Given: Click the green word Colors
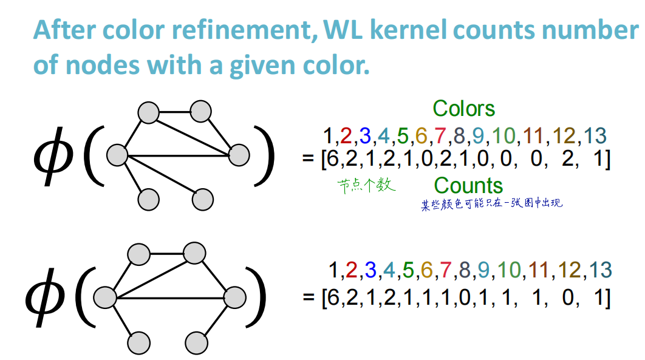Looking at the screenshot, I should tap(464, 109).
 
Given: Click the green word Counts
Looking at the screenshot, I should tap(469, 186).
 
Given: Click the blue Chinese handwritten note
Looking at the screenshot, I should tap(492, 203).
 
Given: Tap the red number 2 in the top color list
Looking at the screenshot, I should tap(346, 135).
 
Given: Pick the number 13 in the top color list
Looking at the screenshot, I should tap(595, 135).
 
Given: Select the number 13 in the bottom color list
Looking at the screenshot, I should tap(600, 270).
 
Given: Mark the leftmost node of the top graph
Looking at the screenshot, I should tap(117, 155).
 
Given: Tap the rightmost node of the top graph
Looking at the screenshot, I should tap(239, 155).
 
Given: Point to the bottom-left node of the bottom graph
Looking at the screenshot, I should tap(138, 343).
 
